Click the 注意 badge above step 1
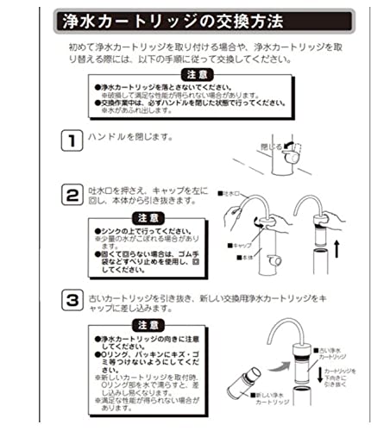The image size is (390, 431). (x=195, y=77)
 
